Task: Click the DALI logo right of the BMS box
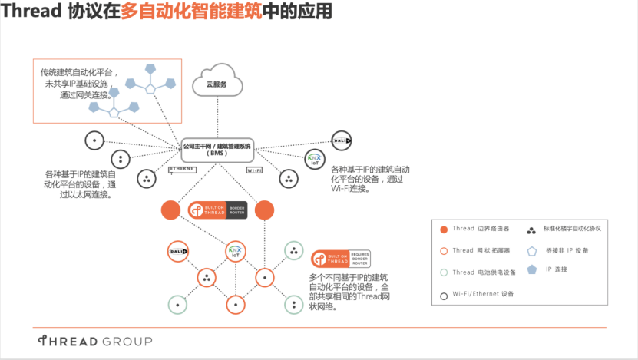pos(341,140)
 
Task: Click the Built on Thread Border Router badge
pos(217,210)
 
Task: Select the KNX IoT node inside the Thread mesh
pos(235,252)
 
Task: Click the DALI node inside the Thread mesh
pos(178,252)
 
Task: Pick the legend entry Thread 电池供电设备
pos(472,272)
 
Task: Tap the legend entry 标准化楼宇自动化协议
pos(569,229)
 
